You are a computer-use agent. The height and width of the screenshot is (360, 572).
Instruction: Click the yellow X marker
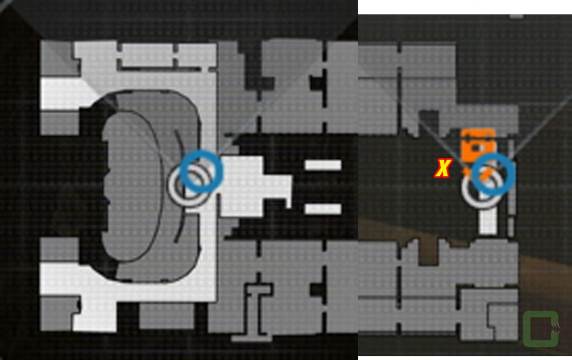(x=443, y=168)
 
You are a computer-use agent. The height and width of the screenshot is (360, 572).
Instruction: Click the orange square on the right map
(x=478, y=146)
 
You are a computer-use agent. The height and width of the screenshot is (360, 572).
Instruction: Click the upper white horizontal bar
(x=323, y=165)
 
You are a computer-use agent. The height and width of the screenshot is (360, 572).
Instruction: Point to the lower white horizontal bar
(x=323, y=209)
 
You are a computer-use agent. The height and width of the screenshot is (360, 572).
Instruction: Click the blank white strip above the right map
(x=465, y=7)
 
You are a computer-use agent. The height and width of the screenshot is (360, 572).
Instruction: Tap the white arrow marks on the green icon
(x=555, y=329)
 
